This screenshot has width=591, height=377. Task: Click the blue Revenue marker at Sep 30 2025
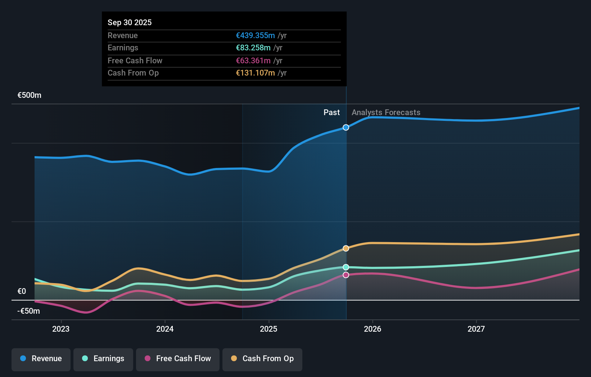(x=346, y=127)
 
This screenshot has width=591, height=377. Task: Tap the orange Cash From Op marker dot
(x=346, y=248)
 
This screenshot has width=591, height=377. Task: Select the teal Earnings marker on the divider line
(x=346, y=267)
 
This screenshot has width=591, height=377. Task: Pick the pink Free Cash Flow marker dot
(x=346, y=275)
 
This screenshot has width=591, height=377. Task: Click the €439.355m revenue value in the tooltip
(x=255, y=35)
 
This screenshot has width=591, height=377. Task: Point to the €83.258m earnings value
(x=253, y=47)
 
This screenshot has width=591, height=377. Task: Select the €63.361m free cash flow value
(x=253, y=60)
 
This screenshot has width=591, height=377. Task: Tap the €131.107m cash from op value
(x=255, y=73)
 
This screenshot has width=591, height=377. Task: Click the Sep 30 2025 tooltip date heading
(x=130, y=22)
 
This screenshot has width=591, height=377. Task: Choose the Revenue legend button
(x=41, y=359)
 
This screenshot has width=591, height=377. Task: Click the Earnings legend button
(x=103, y=359)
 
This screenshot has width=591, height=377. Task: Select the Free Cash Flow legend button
(x=178, y=359)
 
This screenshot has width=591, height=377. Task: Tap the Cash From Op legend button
(x=262, y=359)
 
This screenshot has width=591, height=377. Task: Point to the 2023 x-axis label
(x=61, y=329)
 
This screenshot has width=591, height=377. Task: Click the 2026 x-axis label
(x=372, y=329)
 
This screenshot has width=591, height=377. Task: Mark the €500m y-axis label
(x=30, y=95)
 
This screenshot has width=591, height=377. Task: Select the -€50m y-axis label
(x=29, y=311)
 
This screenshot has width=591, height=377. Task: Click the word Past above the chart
(x=331, y=112)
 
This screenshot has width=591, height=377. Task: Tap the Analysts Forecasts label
(x=386, y=112)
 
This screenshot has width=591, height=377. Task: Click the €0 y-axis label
(x=22, y=291)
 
